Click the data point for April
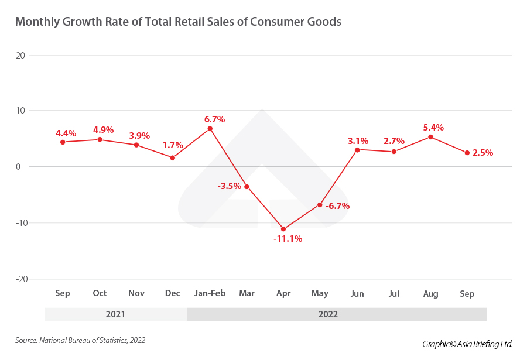point(283,229)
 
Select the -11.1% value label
point(288,239)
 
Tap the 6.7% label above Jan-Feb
point(214,119)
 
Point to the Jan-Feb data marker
point(210,128)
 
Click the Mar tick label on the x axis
point(247,293)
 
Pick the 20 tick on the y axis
point(20,56)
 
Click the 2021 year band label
point(115,314)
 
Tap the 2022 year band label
point(328,314)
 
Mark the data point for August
point(431,137)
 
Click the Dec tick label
point(173,293)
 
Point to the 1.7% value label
point(173,145)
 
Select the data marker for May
point(320,205)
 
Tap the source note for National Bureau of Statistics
point(80,340)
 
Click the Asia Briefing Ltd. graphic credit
point(467,344)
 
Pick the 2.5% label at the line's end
point(482,153)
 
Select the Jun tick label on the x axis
point(357,293)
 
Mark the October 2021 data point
point(100,139)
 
